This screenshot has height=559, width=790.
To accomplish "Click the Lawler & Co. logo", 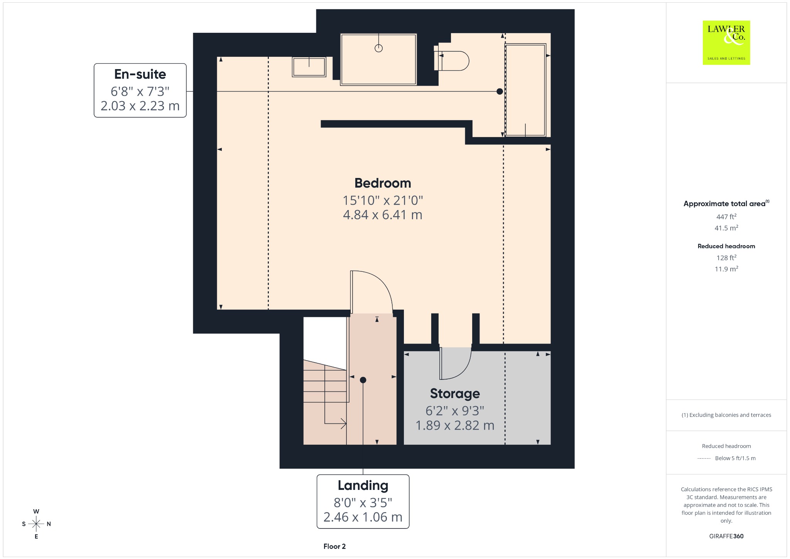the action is click(x=726, y=42).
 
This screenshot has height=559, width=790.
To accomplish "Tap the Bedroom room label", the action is click(x=383, y=183).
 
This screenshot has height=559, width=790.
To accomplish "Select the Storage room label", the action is click(x=455, y=393).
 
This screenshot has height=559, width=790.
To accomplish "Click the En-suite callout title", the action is click(x=140, y=74).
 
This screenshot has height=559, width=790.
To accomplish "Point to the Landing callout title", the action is click(x=363, y=485).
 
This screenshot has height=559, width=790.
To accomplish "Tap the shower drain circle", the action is click(x=379, y=48).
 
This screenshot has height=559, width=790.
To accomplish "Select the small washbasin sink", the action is click(x=309, y=67).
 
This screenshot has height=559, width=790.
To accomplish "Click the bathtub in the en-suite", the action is click(x=526, y=90).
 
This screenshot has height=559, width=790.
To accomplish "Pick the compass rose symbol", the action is click(x=36, y=524).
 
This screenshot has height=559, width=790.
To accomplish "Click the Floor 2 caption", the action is click(x=334, y=546).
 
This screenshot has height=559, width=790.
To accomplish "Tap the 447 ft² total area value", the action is click(x=726, y=217).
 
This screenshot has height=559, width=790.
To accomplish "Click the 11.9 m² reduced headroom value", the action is click(x=726, y=269).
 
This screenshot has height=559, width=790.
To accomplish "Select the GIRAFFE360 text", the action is click(x=726, y=536).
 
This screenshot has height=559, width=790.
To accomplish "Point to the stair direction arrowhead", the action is click(x=343, y=423).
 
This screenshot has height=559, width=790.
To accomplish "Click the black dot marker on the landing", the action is click(x=363, y=380).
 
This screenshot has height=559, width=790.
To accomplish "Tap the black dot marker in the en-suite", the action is click(x=500, y=91).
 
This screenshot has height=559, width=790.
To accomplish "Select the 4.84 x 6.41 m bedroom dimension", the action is click(x=383, y=215).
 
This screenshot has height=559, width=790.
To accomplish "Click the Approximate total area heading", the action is click(x=724, y=203).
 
